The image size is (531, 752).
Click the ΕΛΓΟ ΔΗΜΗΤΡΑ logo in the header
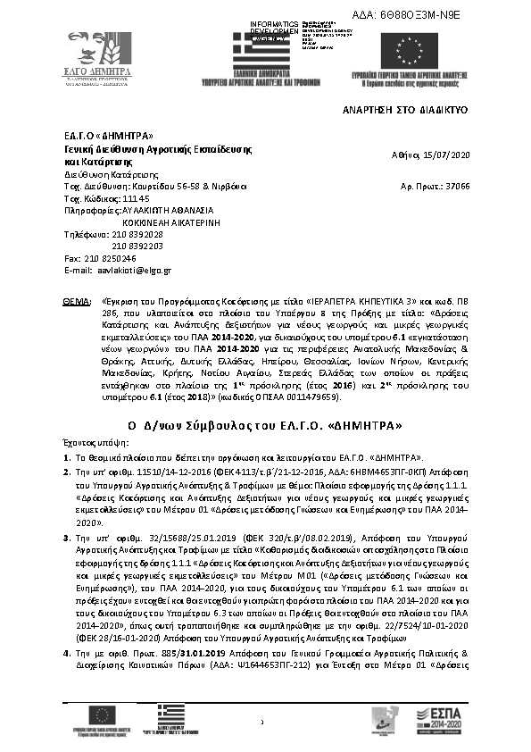(98, 55)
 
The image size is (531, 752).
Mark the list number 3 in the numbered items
(66, 539)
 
